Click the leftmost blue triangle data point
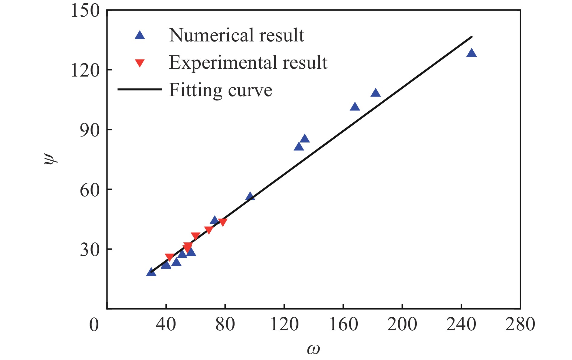pos(151,272)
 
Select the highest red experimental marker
pos(222,222)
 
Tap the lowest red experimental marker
pos(169,257)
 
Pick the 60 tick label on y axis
pos(90,190)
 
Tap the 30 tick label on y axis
pos(90,250)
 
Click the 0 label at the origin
pos(94,325)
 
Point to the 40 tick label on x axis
pos(166,325)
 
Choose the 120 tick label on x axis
pos(284,325)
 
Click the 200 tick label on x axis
pos(402,325)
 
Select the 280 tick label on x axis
pos(520,325)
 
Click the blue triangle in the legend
pos(140,35)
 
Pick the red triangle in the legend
pos(140,63)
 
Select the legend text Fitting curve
pos(220,90)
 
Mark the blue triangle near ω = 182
pos(375,93)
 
